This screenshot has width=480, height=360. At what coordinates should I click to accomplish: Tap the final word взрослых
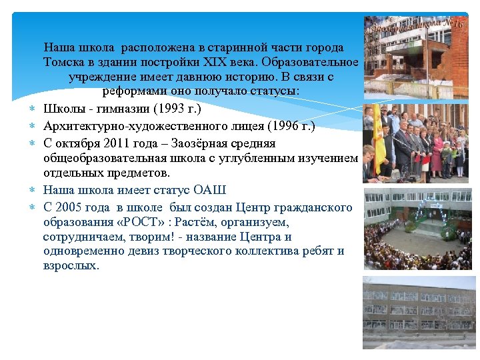tap(70, 265)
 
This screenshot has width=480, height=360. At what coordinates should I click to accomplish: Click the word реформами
tap(132, 91)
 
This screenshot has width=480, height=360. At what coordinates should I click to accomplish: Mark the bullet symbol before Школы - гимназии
tap(31, 109)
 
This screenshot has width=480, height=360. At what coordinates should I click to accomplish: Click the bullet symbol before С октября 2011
tap(31, 143)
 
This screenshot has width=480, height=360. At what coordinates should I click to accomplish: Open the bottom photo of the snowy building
tap(419, 312)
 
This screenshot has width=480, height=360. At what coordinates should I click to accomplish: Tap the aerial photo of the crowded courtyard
tap(417, 229)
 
